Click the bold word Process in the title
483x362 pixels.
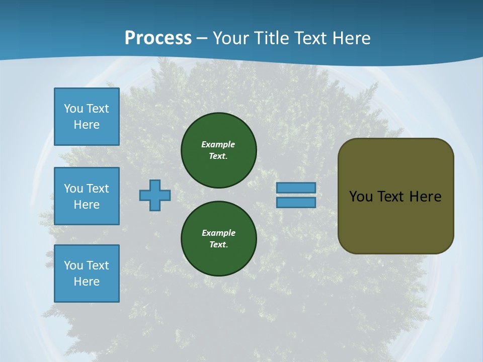(158, 38)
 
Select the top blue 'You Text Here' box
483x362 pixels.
(87, 117)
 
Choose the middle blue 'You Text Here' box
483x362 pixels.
(87, 196)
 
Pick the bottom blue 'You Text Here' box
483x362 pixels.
(87, 274)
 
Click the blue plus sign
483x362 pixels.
(155, 196)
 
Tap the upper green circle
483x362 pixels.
(219, 150)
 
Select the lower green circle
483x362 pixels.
(219, 239)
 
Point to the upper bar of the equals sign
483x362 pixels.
(296, 188)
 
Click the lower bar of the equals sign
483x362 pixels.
(296, 203)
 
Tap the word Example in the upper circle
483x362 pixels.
(218, 144)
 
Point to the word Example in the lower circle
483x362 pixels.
(218, 233)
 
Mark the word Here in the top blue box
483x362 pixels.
(87, 125)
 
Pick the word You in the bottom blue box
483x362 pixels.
(73, 265)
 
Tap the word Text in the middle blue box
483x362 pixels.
(98, 189)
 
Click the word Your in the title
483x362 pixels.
(231, 38)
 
